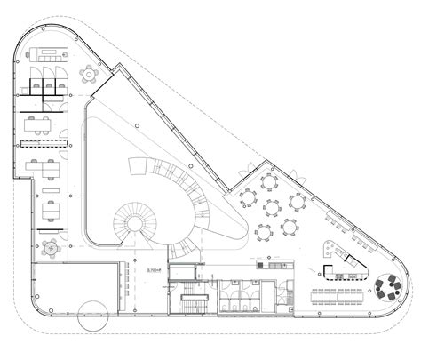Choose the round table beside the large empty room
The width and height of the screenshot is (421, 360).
coord(50,249)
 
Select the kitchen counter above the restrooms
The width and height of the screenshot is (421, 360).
coord(270,263)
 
